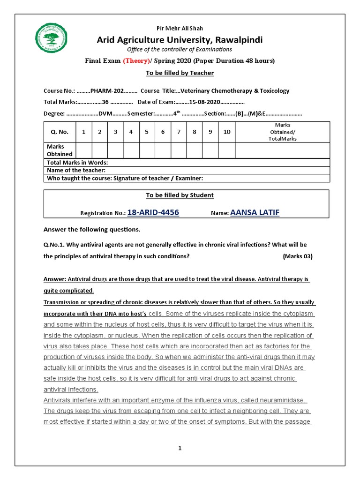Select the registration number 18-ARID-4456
tap(153, 213)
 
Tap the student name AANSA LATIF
tap(255, 213)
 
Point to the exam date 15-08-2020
tap(204, 102)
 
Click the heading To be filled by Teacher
tap(180, 73)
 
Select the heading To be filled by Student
tap(180, 195)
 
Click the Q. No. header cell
tap(60, 132)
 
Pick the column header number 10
tap(227, 132)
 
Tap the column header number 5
tap(147, 132)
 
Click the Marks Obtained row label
tap(60, 150)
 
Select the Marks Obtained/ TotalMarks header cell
tap(283, 132)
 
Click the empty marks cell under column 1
tap(83, 150)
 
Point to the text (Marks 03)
tap(297, 256)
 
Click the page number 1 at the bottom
tap(180, 449)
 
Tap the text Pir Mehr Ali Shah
tap(180, 29)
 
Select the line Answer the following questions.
tap(92, 230)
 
